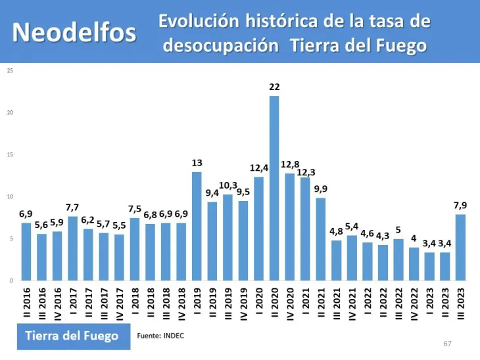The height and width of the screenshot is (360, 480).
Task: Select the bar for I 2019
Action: point(197,226)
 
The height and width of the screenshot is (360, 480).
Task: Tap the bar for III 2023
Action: point(461,247)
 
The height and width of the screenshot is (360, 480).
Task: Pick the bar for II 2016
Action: point(26,252)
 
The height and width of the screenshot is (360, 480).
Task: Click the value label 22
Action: point(274,87)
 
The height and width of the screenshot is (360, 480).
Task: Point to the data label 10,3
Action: point(228,186)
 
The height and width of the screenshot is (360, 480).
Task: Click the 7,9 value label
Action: point(461,206)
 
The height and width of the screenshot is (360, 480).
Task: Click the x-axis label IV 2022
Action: point(414,303)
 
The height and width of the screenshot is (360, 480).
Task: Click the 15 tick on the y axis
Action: point(9,155)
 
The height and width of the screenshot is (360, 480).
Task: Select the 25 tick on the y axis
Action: point(9,71)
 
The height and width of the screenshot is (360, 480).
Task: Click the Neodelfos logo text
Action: point(75,32)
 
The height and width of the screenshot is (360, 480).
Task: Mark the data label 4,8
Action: point(337,231)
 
